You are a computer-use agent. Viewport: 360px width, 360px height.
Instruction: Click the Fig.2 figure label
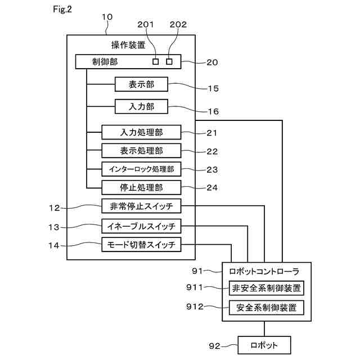(x=62, y=9)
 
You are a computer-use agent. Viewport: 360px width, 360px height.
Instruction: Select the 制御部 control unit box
(x=128, y=61)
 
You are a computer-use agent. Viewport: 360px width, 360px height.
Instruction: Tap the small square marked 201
(x=155, y=61)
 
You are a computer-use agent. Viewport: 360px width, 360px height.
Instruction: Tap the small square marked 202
(x=169, y=61)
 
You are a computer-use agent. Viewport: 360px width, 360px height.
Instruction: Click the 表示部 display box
(x=141, y=84)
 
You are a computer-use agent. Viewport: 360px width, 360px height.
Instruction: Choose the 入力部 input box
(x=141, y=106)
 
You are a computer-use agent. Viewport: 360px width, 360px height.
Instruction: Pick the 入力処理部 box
(x=141, y=132)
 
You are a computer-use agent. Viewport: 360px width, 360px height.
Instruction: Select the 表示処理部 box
(x=141, y=151)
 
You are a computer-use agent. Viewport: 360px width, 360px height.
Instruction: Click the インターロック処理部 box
(x=141, y=169)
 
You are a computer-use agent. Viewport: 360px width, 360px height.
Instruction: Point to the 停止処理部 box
(x=141, y=187)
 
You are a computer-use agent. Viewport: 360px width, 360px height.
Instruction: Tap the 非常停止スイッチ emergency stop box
(x=141, y=206)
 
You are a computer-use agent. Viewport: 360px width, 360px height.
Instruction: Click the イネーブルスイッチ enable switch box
(x=141, y=226)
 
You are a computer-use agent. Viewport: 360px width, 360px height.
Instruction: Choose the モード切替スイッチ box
(x=141, y=245)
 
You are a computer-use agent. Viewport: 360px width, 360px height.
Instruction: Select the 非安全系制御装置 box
(x=267, y=288)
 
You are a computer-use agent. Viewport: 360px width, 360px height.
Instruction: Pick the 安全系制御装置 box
(x=267, y=308)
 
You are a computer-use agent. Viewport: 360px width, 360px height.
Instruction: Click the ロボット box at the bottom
(x=264, y=345)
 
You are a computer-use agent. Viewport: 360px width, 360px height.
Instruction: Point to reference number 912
(x=195, y=307)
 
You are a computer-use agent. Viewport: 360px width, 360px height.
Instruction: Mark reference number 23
(x=212, y=170)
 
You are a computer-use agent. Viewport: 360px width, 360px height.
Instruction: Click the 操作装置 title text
(x=128, y=45)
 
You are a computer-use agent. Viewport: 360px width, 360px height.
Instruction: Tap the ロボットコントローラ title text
(x=264, y=271)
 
